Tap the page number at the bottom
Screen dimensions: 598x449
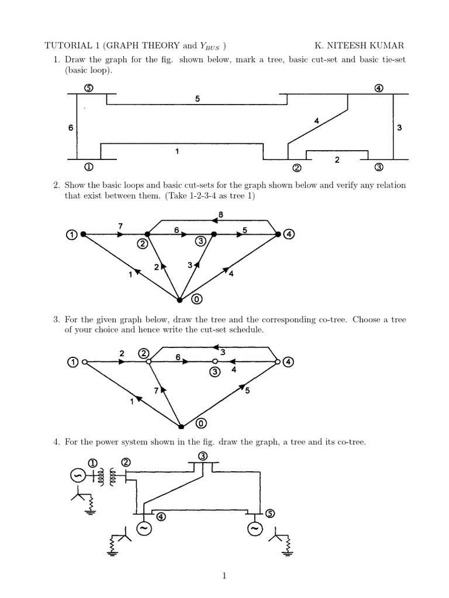click(224, 576)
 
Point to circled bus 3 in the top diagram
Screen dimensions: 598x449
click(379, 167)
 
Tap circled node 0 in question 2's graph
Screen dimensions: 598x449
click(197, 300)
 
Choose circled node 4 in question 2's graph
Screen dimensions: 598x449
click(290, 234)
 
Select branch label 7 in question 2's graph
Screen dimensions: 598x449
click(120, 225)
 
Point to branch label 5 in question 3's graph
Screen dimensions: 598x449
click(247, 391)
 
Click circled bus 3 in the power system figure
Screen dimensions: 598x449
click(202, 456)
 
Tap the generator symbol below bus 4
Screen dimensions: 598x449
click(143, 529)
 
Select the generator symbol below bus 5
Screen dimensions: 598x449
click(254, 529)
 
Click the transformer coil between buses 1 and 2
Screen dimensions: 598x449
click(108, 476)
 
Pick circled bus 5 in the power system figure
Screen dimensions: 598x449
click(270, 513)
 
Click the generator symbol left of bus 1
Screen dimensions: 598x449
click(78, 476)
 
